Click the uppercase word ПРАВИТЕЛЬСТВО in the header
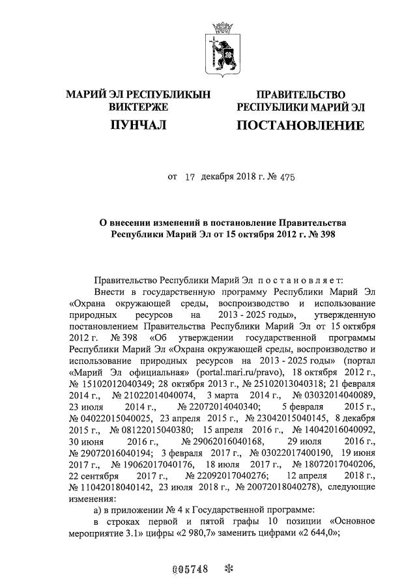point(300,94)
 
